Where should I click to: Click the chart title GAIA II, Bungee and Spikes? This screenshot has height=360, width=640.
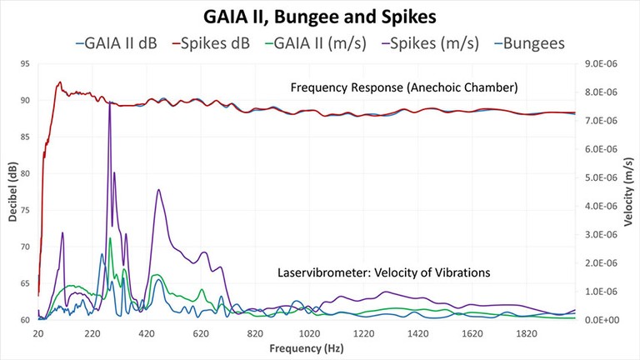[x=319, y=16]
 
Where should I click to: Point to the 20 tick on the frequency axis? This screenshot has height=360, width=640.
[x=38, y=333]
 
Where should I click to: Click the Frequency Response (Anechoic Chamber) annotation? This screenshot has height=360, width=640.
[x=404, y=87]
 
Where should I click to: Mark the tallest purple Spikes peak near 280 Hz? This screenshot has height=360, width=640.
[x=109, y=102]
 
